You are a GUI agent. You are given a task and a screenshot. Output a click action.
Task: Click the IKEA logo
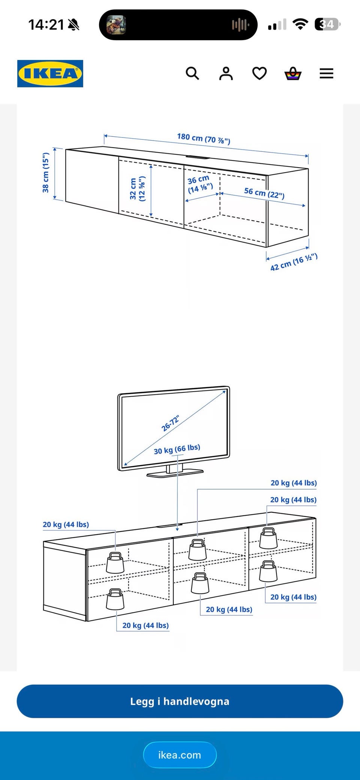50,73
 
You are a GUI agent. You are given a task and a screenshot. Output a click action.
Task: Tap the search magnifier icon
192,73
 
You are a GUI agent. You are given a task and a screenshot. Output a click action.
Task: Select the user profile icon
226,73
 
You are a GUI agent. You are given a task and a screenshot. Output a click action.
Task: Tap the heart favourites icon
259,73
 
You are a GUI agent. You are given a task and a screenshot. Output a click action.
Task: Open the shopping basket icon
293,73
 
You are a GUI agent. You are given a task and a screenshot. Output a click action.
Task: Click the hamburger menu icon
326,73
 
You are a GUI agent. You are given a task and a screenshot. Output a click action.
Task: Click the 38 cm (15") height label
46,172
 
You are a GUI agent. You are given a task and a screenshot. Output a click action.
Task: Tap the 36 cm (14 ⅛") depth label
199,184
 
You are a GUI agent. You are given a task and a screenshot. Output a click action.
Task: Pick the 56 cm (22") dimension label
264,193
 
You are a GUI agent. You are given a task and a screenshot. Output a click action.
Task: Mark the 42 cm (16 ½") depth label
294,262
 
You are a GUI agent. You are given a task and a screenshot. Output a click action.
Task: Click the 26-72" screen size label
171,423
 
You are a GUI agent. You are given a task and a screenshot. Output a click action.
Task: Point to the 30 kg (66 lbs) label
177,449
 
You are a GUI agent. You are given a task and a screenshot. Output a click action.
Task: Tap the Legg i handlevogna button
180,701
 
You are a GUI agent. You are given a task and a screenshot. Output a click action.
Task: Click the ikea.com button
180,755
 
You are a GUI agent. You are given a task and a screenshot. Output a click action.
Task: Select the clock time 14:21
46,25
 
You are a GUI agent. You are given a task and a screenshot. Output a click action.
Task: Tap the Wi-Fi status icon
300,24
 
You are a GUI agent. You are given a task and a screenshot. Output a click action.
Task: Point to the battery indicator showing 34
327,24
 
